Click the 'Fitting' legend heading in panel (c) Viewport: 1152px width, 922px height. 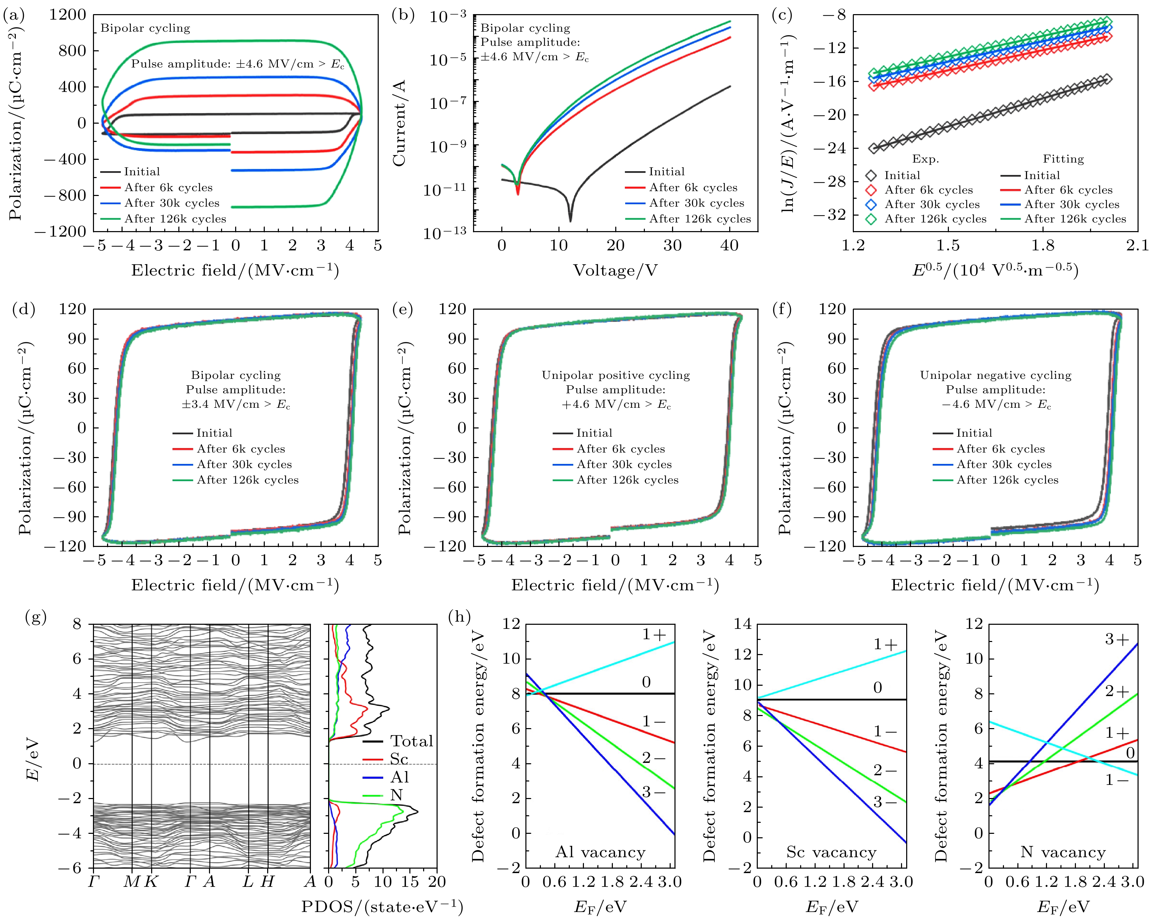coord(1063,159)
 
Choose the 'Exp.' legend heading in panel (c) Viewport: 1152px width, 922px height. coord(925,159)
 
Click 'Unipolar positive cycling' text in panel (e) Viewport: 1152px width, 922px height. coord(616,375)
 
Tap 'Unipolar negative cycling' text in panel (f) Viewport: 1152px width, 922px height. coord(995,375)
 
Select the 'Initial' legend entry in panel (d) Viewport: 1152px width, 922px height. coord(214,433)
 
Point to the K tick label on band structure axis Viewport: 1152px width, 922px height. coord(151,881)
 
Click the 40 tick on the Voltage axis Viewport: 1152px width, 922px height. coord(729,245)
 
